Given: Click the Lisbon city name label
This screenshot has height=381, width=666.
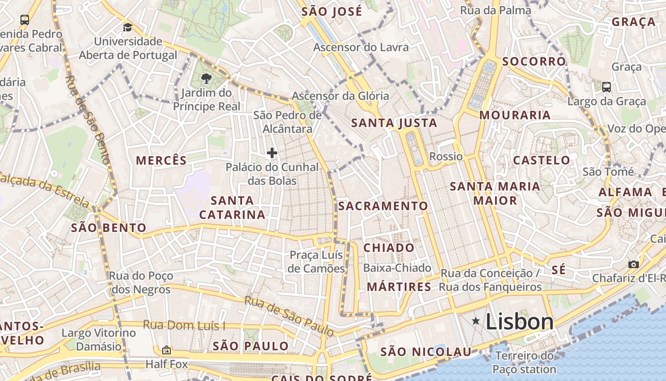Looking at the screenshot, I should click(519, 322).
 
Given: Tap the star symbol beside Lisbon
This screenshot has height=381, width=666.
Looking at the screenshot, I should click(476, 321).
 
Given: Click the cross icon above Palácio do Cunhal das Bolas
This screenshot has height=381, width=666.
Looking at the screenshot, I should click(272, 153).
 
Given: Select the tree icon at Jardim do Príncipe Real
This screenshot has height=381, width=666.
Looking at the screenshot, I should click(206, 79).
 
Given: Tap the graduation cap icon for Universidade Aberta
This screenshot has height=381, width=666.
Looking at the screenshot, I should click(127, 28).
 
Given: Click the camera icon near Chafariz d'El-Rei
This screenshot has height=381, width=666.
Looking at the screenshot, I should click(633, 264).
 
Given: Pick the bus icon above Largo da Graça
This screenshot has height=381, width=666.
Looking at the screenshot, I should click(607, 87).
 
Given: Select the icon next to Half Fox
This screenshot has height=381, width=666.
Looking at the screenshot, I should click(166, 351).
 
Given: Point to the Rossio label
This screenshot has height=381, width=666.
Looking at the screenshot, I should click(446, 156).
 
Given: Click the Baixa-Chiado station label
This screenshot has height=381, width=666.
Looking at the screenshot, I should click(397, 268).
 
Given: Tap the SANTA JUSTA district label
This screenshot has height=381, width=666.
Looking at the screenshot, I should click(394, 123).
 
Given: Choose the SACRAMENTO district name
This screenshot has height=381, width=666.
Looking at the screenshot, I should click(383, 206).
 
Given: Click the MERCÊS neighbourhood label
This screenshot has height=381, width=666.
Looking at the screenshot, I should click(162, 160).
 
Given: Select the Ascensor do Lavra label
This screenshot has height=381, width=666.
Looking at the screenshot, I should click(361, 47).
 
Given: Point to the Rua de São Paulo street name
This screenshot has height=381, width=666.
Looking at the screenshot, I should click(289, 316).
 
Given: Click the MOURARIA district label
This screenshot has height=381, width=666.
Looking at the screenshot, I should click(515, 115).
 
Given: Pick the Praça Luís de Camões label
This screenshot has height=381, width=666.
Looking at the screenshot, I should click(317, 261).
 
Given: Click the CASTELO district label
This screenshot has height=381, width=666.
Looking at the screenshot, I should click(541, 160).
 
